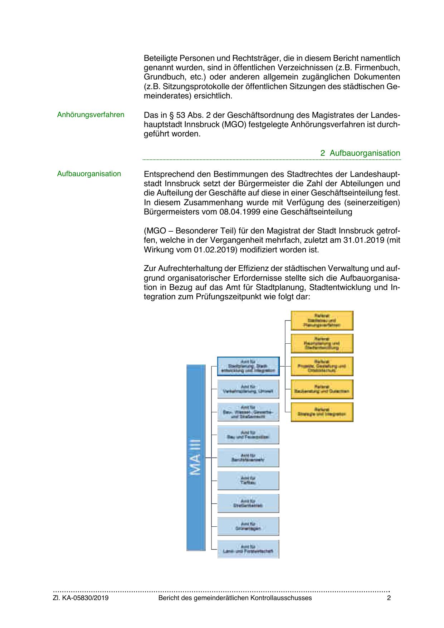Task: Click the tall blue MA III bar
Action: (x=196, y=457)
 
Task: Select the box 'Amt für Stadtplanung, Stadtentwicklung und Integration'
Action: (x=248, y=366)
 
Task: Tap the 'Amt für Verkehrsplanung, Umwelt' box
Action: (x=248, y=389)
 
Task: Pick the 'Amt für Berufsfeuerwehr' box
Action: (x=248, y=458)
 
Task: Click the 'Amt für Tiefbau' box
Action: (x=248, y=480)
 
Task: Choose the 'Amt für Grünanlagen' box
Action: (x=248, y=526)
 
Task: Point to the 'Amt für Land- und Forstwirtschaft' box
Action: (x=248, y=549)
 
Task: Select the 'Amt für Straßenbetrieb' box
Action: (x=248, y=503)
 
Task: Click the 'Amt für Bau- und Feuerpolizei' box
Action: (x=248, y=435)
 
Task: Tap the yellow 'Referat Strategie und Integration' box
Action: (x=322, y=412)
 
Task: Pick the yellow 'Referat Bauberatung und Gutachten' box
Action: (x=322, y=389)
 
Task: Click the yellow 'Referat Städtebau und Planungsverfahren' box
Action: (x=322, y=320)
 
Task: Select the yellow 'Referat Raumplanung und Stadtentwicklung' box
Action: (x=322, y=343)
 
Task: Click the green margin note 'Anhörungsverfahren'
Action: (x=91, y=115)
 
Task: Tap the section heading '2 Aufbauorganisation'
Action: (x=360, y=153)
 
